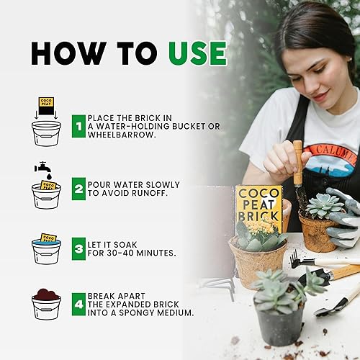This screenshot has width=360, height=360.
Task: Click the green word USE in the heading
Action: (x=197, y=53)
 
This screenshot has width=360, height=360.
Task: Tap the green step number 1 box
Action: (x=77, y=128)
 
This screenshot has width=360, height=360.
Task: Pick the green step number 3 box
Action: (x=77, y=249)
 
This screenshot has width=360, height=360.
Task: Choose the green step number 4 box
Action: (x=77, y=305)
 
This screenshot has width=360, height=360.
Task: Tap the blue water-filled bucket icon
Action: (x=46, y=248)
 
